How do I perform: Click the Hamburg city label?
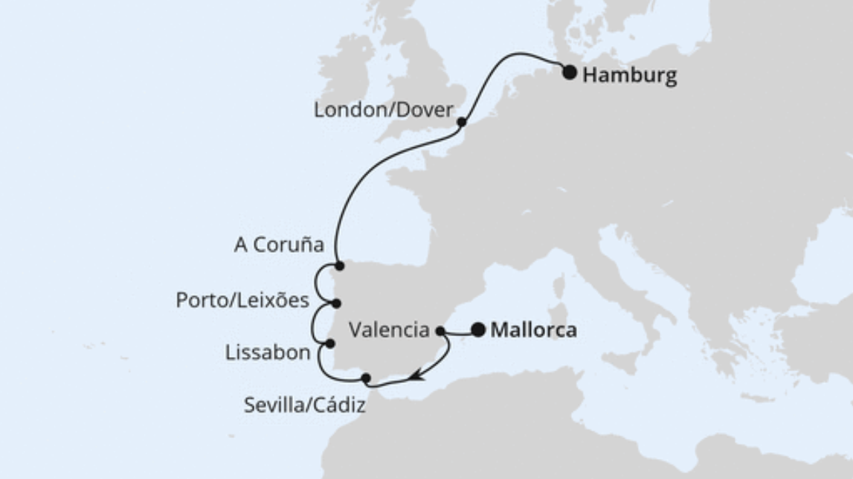tap(629, 75)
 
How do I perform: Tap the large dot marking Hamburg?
tap(570, 72)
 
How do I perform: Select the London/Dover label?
tap(383, 111)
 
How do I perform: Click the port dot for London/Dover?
tap(461, 122)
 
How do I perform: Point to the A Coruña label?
tap(279, 245)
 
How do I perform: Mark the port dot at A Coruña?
tap(339, 266)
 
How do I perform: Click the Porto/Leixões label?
tap(242, 300)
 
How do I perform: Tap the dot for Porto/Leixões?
tap(336, 303)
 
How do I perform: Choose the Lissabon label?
tap(267, 353)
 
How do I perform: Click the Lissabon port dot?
tap(330, 344)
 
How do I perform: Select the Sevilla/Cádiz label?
tap(305, 407)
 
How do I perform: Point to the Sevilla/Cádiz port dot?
tap(365, 379)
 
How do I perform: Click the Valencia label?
tap(390, 329)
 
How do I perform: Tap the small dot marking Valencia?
tap(440, 329)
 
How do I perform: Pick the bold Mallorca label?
tap(533, 329)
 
